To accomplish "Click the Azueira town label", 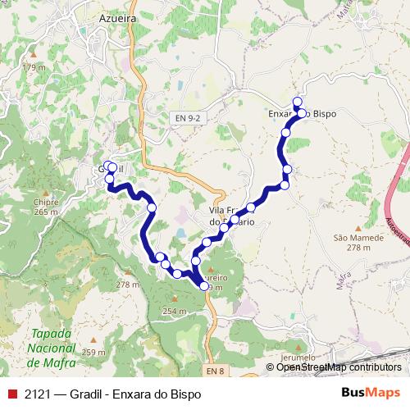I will coord(118,16).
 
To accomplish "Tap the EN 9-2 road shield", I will coord(188,118).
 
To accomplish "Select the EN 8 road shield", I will coord(215,371).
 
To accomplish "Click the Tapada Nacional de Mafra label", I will coord(50,348).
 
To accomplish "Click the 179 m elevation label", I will coord(34,66).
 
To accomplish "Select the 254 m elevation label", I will coord(175,312).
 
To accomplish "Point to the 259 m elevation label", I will coord(94,352).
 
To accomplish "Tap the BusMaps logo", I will coord(371,393).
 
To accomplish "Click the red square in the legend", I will coord(11,394).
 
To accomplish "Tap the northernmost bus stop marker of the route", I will coord(298,101).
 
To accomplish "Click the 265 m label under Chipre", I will coord(47,212).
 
